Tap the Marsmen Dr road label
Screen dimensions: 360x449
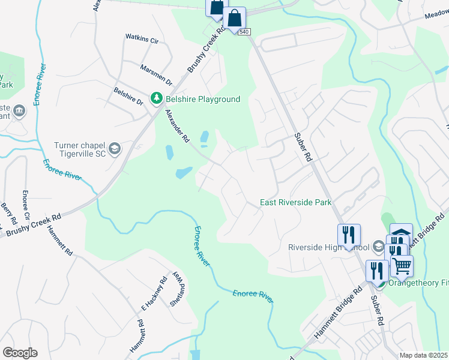click(x=156, y=75)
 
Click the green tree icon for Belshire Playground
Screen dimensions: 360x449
click(x=156, y=98)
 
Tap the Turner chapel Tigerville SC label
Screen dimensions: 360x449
click(x=79, y=149)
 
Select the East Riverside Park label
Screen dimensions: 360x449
click(x=295, y=203)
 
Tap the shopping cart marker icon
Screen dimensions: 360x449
click(x=402, y=264)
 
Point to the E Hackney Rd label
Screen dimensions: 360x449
click(x=154, y=291)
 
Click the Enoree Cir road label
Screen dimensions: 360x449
click(x=26, y=205)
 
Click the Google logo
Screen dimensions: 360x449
click(x=20, y=353)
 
